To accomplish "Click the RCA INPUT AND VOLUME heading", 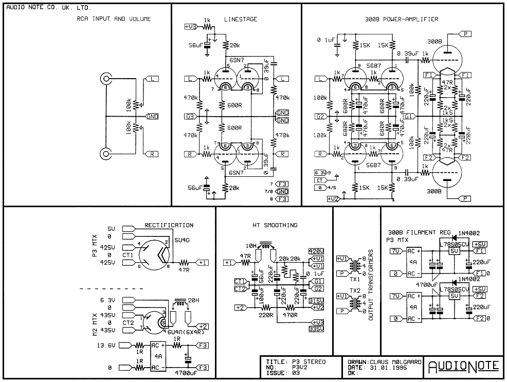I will [111, 19].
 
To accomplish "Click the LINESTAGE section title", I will [241, 20].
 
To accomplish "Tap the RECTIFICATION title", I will [169, 225].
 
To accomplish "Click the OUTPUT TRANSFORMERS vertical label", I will [370, 285].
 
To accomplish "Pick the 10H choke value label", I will [251, 245].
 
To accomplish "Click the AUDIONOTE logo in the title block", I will [463, 366].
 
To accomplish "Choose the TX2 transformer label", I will [354, 291].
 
